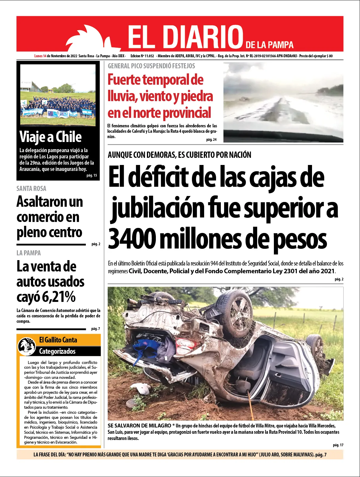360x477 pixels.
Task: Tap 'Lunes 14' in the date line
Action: [x=40, y=56]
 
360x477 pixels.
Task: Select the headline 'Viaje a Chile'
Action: [x=50, y=137]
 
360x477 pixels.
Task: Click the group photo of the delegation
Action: [x=58, y=95]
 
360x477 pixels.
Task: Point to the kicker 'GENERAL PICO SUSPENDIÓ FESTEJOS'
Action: [x=151, y=66]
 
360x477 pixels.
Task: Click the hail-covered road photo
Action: [x=283, y=102]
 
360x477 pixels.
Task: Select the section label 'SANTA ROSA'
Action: [x=31, y=189]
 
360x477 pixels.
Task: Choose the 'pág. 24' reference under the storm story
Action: [x=211, y=140]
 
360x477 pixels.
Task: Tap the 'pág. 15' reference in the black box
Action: [x=92, y=175]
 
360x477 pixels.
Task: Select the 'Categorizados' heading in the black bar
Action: [x=57, y=351]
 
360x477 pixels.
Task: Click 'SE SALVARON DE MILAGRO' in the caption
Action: [x=139, y=426]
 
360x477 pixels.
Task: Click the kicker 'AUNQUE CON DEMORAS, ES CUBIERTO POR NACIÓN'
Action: [x=179, y=155]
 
